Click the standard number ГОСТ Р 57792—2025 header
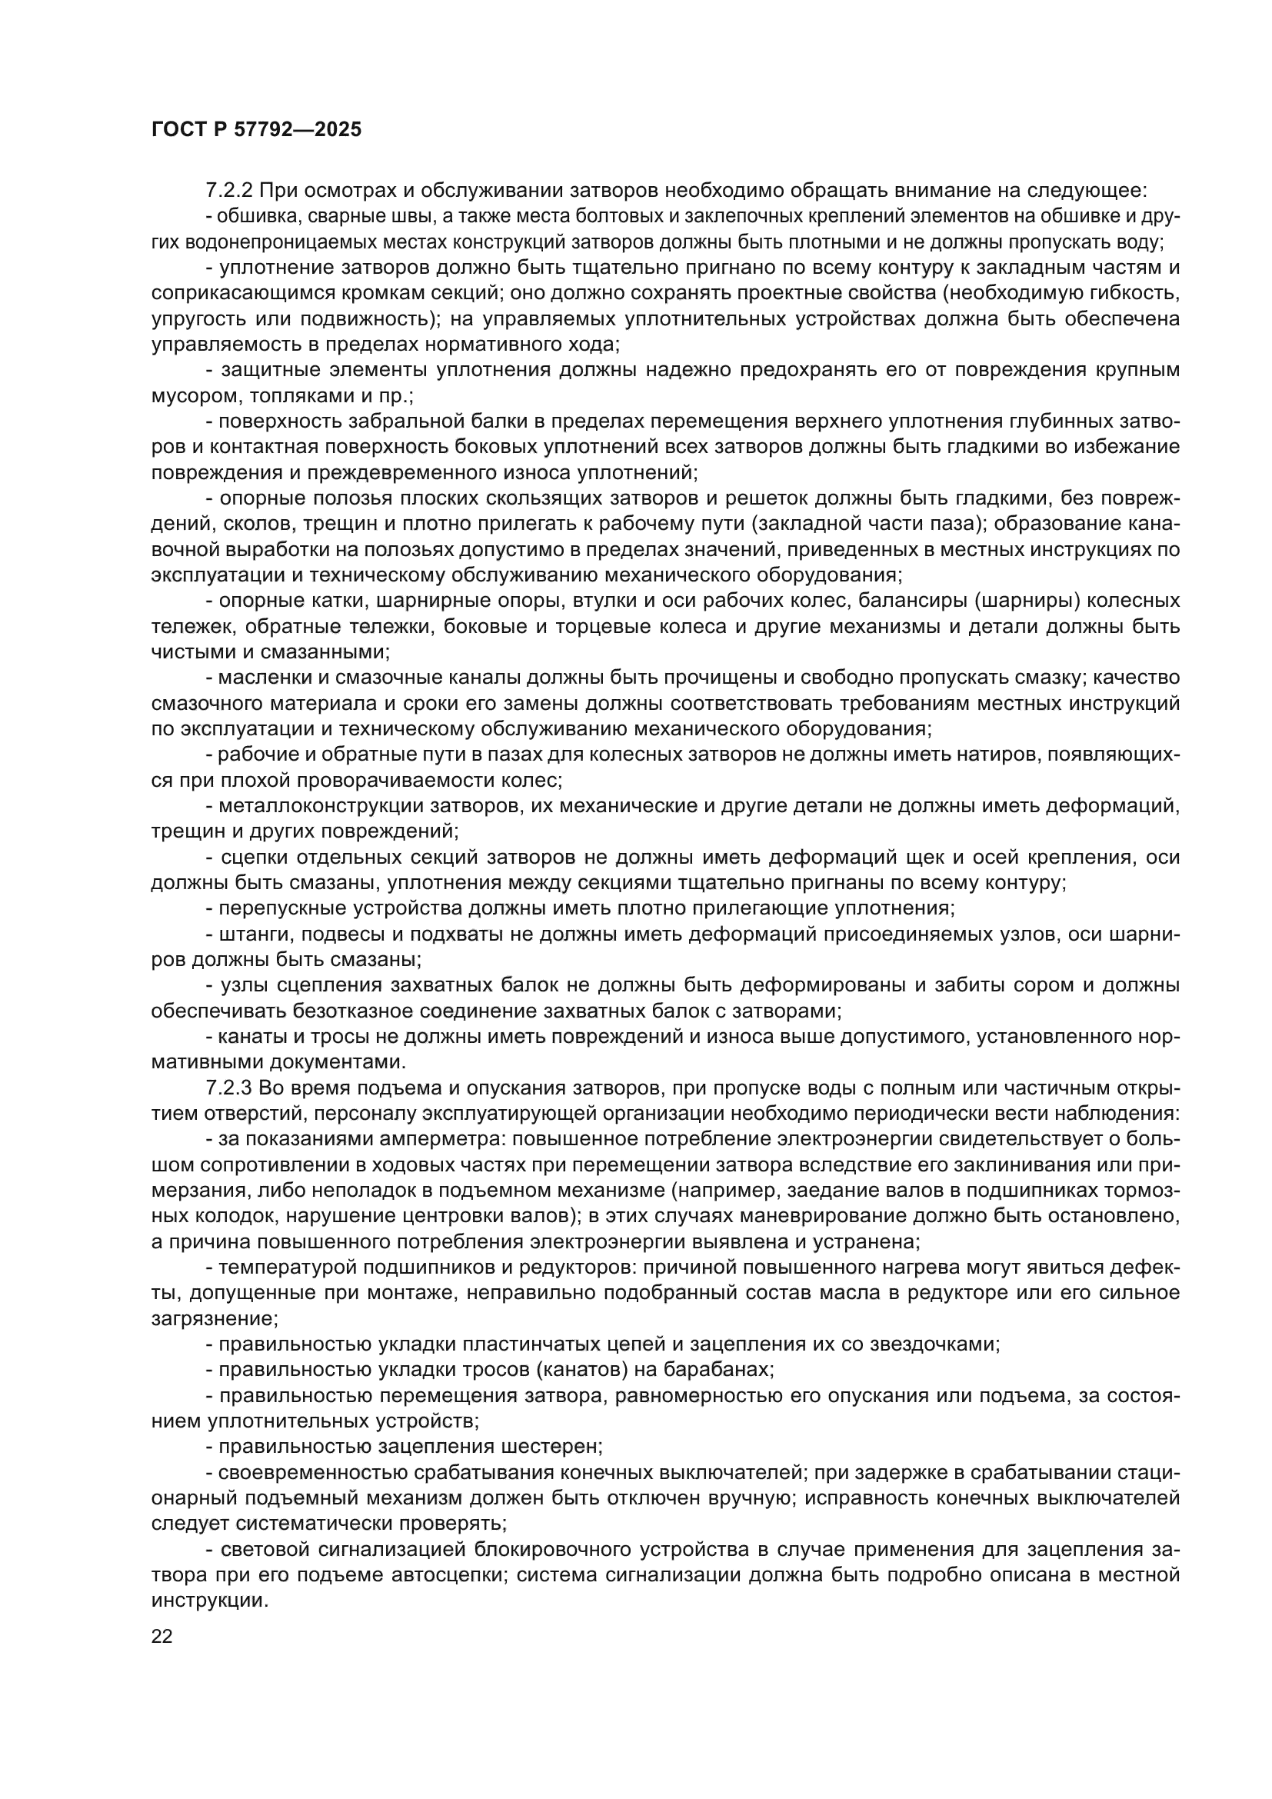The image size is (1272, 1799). coord(256,130)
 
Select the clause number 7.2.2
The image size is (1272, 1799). coord(228,191)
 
